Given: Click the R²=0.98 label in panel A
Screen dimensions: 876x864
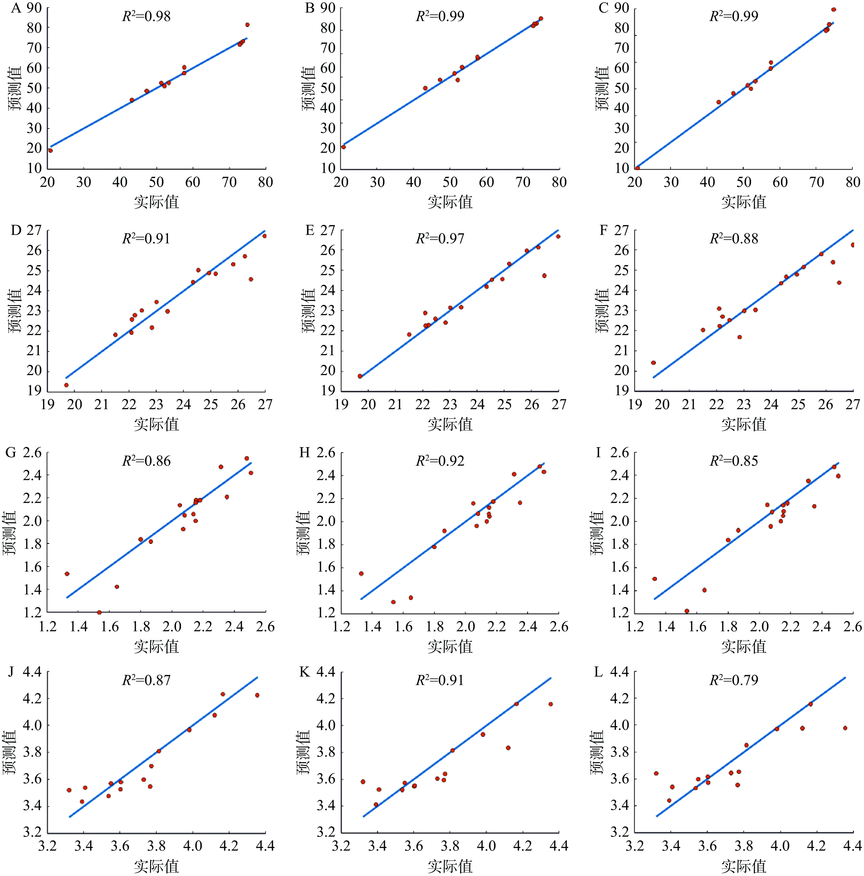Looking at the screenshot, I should pyautogui.click(x=146, y=16).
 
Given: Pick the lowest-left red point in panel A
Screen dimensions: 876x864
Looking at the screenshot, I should pyautogui.click(x=50, y=150).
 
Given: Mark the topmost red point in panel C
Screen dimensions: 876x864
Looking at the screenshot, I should pyautogui.click(x=833, y=10).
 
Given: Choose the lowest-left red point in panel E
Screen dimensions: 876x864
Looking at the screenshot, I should pyautogui.click(x=360, y=376).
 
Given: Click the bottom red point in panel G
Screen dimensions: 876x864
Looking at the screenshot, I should pyautogui.click(x=99, y=613).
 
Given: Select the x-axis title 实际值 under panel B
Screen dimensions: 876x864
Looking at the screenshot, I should pyautogui.click(x=450, y=202).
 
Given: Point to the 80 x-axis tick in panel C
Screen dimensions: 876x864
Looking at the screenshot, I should pyautogui.click(x=853, y=182).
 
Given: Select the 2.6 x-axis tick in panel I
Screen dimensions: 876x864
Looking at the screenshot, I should pyautogui.click(x=853, y=627).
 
